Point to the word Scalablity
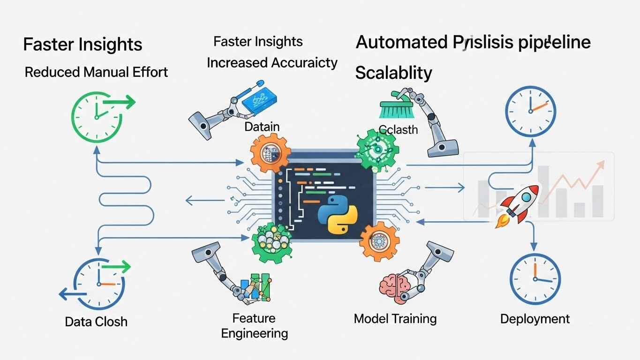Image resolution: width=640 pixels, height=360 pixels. click(x=393, y=73)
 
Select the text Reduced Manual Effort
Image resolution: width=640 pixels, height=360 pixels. click(x=96, y=72)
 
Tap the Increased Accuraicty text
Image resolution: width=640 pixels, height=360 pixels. click(x=272, y=63)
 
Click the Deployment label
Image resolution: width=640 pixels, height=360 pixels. click(x=535, y=319)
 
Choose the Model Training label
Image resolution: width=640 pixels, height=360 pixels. click(x=395, y=319)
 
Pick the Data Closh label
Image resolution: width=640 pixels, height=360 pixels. click(x=96, y=322)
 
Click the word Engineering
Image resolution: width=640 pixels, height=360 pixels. click(x=254, y=333)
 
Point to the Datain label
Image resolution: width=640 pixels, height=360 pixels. click(x=262, y=127)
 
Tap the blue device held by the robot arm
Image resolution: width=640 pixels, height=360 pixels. click(x=257, y=99)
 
